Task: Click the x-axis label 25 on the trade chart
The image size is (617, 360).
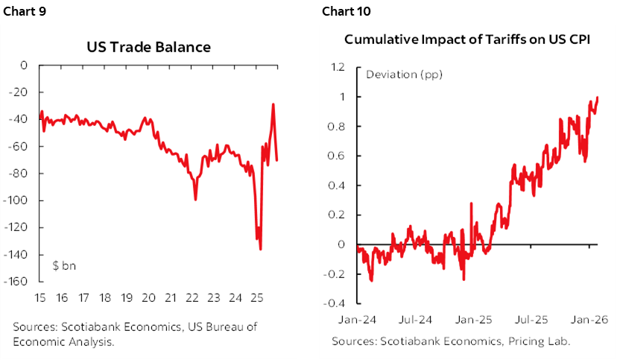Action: point(257,298)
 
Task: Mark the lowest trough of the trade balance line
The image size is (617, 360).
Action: point(260,249)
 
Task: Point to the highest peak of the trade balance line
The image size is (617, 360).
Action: point(273,104)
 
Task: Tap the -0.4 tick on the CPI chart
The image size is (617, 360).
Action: point(336,303)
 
